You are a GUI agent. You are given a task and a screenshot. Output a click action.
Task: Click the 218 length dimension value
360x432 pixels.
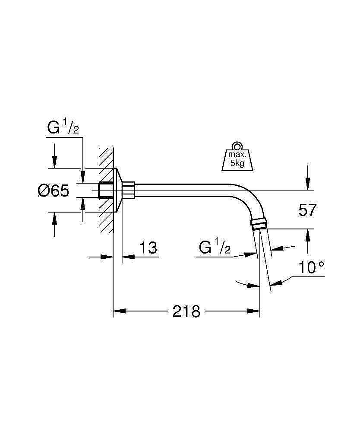[186, 311]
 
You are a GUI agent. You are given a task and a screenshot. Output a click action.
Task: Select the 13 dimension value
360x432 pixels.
[148, 248]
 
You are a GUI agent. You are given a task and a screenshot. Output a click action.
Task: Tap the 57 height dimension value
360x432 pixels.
[307, 210]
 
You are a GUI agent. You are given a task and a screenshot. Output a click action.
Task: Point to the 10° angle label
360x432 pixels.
[311, 268]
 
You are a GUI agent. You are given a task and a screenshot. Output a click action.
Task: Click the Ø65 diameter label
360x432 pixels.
[53, 191]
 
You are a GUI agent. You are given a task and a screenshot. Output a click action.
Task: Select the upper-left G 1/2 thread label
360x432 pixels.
[63, 128]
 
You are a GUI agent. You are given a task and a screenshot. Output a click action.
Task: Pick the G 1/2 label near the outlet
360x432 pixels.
[215, 248]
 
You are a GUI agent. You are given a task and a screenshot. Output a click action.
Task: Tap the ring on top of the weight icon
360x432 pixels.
[237, 145]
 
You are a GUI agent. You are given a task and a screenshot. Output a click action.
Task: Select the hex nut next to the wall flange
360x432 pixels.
[129, 190]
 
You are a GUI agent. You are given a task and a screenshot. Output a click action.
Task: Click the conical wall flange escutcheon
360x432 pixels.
[118, 190]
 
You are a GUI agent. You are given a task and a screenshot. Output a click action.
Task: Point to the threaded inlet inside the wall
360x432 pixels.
[105, 190]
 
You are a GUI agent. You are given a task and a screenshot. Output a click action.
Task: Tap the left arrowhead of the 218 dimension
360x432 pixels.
[117, 311]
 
